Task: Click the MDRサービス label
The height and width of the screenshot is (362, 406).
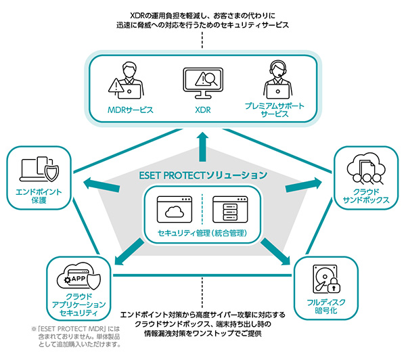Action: [x=131, y=109]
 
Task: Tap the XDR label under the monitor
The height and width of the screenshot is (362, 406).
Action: [x=203, y=109]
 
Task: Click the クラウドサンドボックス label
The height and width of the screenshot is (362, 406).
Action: [x=366, y=196]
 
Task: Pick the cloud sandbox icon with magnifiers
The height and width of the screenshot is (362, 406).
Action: [x=366, y=170]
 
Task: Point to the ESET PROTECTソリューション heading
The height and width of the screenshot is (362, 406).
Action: [x=203, y=175]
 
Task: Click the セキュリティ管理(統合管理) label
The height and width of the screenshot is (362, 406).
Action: [x=203, y=233]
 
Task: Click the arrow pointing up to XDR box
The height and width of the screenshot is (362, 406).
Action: [x=202, y=142]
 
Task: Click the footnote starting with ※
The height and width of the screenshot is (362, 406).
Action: [x=76, y=336]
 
